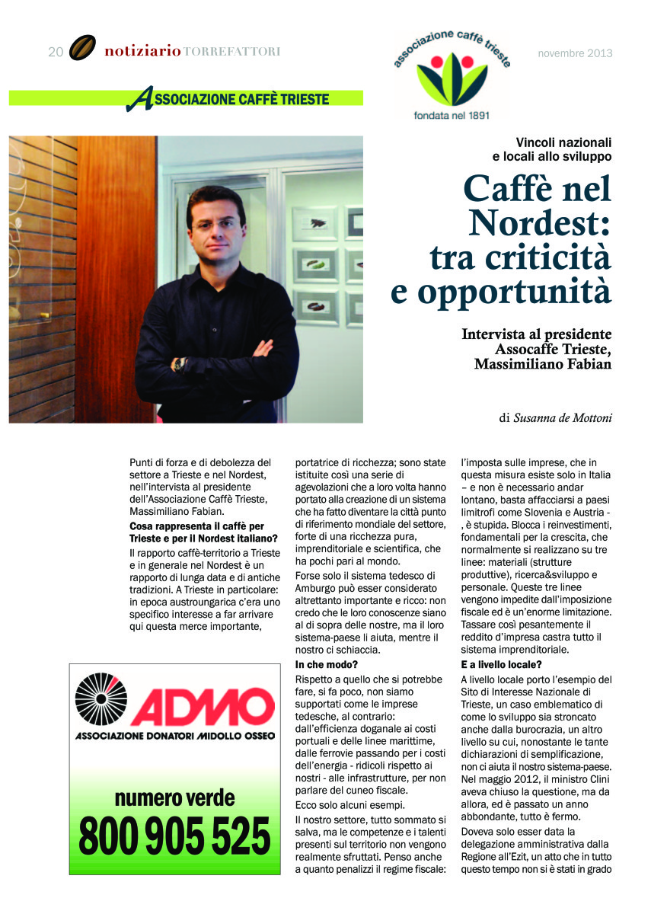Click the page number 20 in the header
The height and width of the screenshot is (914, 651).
point(55,52)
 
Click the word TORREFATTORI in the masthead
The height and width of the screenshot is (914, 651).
point(232,52)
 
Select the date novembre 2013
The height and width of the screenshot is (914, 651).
point(575,53)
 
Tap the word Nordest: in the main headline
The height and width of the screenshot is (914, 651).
point(540,222)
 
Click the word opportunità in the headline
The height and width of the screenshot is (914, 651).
point(501,291)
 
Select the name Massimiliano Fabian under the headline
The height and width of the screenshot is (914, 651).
point(543,363)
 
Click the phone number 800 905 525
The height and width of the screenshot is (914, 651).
point(174,836)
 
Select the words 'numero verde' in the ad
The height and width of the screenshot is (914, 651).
point(174,798)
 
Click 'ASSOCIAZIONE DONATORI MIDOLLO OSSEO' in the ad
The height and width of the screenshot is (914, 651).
point(174,737)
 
